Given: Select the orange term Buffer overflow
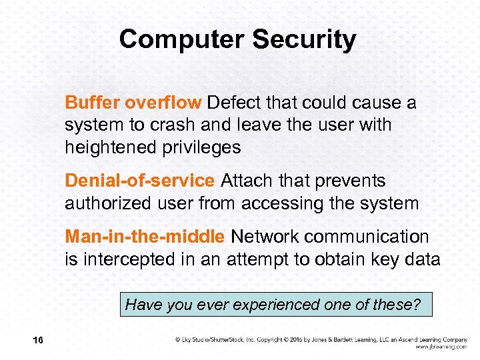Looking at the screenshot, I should (x=133, y=103).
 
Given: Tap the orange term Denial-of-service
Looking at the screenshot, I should (x=139, y=181).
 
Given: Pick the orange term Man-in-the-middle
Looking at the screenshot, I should (x=145, y=237).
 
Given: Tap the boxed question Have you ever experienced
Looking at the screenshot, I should (x=273, y=305).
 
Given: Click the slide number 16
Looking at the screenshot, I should (x=37, y=341).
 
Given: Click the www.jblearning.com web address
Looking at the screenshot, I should (x=441, y=347).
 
